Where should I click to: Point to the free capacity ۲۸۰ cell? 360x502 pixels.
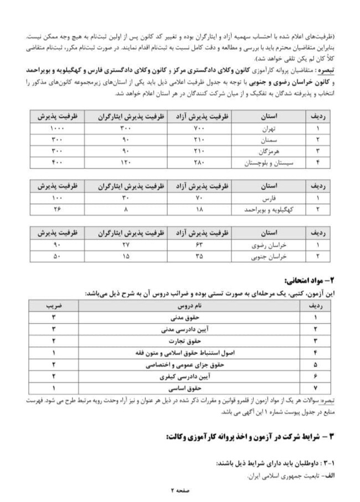point(199,162)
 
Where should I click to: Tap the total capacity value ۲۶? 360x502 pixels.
point(56,209)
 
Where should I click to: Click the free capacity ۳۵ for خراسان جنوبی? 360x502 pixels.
point(199,257)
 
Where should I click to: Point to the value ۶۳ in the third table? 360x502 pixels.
point(199,245)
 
